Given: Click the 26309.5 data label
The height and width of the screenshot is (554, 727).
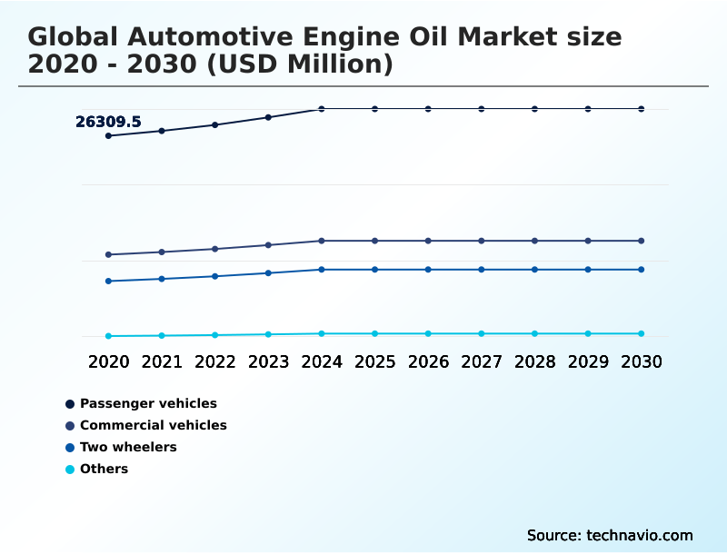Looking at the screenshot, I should [108, 122].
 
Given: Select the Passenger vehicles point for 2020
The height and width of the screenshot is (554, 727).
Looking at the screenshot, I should [108, 136].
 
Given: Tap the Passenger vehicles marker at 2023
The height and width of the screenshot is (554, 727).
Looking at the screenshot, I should [268, 117].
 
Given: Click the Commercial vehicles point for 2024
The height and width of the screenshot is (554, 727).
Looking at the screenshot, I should [322, 241].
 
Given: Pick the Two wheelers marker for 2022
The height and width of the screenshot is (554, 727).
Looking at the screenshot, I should [215, 276].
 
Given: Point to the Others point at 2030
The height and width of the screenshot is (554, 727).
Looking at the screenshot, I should [642, 333].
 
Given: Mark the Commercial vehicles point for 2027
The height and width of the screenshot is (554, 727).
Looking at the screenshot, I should [482, 241].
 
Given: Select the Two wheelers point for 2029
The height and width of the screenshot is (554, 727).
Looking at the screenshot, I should [588, 270].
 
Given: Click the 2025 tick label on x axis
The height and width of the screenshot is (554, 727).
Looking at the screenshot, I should [374, 361].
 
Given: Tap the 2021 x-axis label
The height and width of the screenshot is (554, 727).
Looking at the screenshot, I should [162, 361].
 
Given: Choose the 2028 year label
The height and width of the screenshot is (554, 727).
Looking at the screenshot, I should [534, 361].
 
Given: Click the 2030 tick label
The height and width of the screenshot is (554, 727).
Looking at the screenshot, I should [642, 361].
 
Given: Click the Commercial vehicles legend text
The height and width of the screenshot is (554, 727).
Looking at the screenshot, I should [154, 425].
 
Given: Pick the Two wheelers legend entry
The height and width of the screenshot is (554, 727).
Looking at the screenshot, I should [128, 447].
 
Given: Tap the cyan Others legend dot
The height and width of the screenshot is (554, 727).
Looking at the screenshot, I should [70, 470].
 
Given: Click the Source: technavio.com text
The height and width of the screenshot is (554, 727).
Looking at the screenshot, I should [610, 535].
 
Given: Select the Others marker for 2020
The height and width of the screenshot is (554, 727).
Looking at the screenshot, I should [108, 336].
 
